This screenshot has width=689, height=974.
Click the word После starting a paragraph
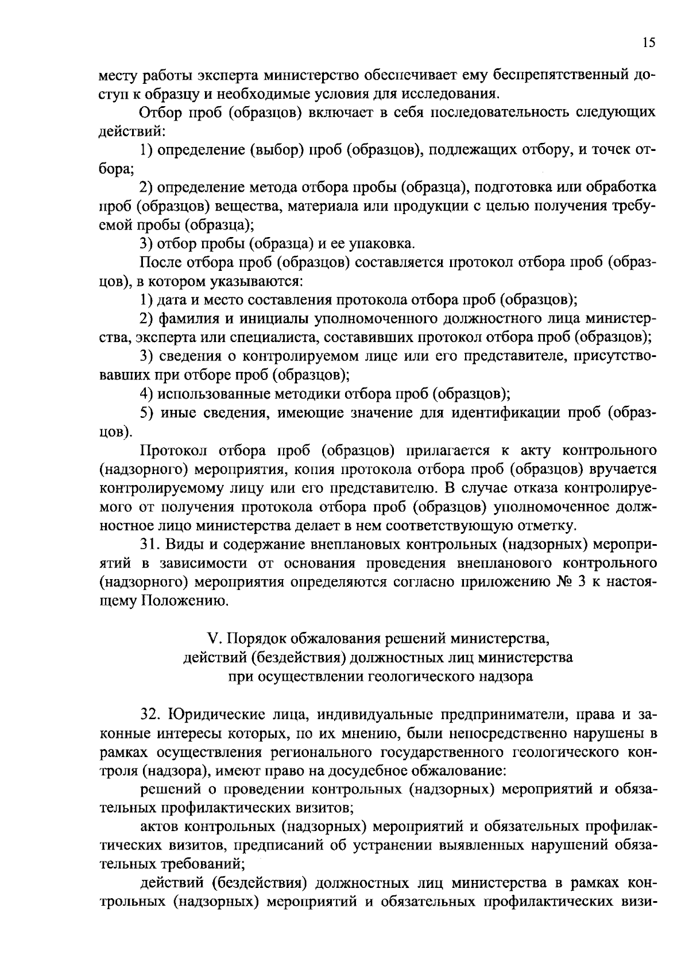pos(160,263)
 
